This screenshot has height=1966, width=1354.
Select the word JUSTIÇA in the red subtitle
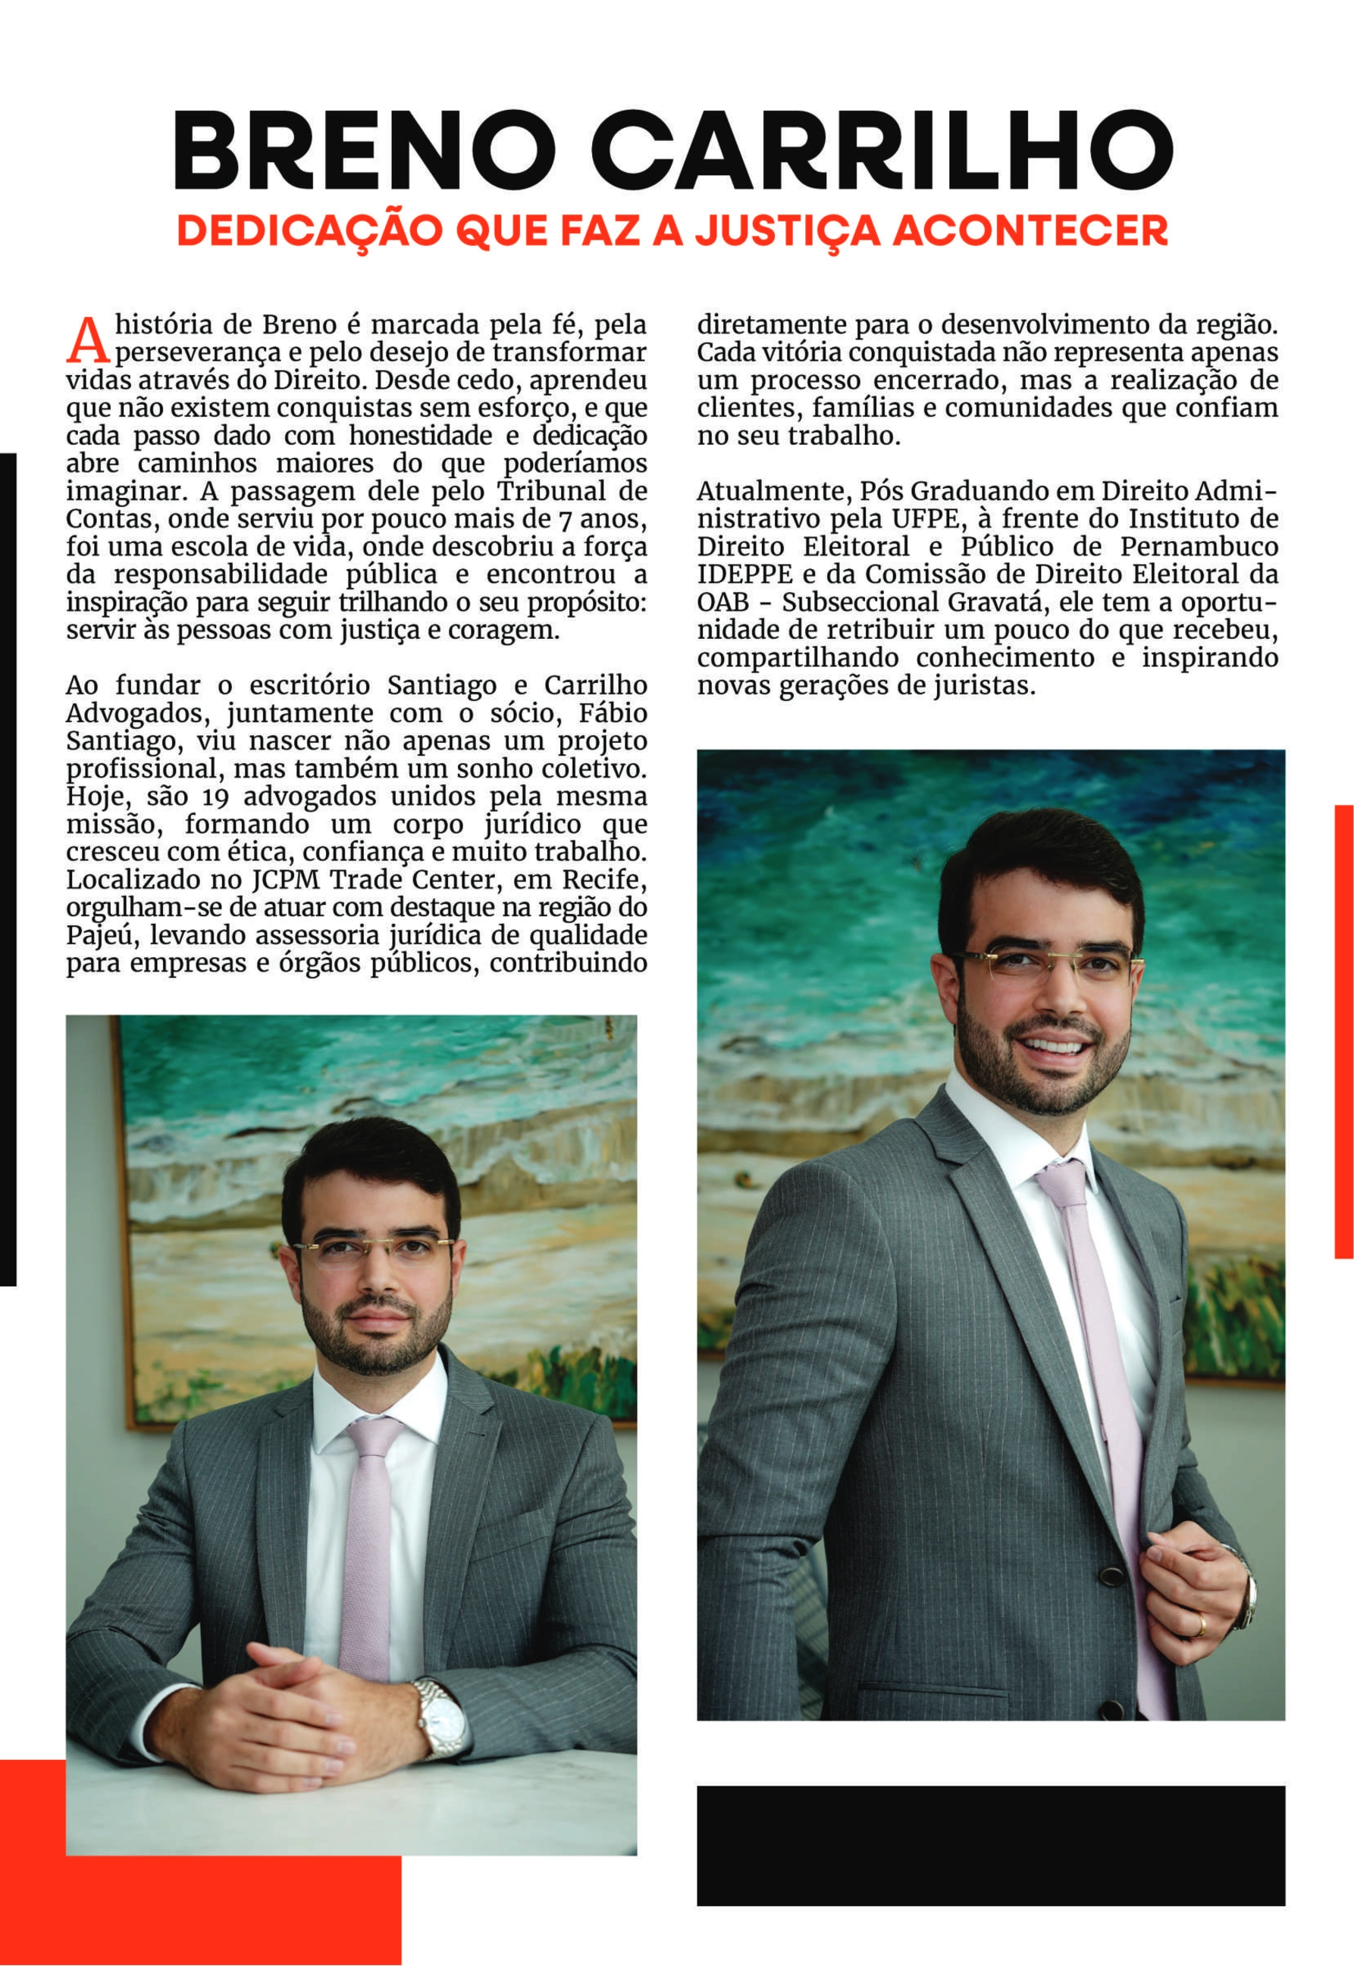pyautogui.click(x=786, y=230)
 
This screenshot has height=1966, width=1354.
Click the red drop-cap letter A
pyautogui.click(x=87, y=339)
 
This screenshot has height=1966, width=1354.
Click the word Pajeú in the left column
pyautogui.click(x=92, y=935)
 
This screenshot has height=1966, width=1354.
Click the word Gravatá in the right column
pyautogui.click(x=1001, y=603)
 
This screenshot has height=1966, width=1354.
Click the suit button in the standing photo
pyautogui.click(x=1111, y=1575)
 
